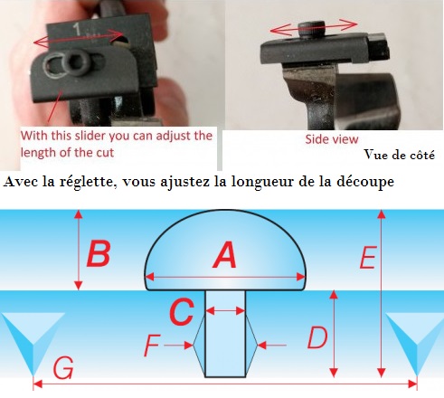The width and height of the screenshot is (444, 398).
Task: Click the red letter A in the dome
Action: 225,255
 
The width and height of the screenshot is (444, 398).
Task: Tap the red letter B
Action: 98,253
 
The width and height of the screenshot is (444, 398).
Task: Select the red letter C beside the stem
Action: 182,311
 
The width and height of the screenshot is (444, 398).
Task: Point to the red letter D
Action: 317,337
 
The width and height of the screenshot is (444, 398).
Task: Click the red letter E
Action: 368,257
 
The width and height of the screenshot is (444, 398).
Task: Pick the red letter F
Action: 152,346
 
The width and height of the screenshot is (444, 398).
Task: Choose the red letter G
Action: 63,368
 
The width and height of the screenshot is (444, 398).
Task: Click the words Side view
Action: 332,139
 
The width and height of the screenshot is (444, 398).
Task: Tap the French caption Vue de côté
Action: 400,155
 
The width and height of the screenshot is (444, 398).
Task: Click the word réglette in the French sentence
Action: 87,182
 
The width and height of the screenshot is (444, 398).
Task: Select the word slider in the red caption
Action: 90,136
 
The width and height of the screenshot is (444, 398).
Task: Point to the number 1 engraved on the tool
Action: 77,30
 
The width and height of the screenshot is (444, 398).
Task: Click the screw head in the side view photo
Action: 312,29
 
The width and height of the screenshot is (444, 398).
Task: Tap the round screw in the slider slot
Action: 76,62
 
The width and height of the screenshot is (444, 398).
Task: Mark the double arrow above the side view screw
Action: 314,27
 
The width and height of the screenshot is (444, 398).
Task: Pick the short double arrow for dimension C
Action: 225,310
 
